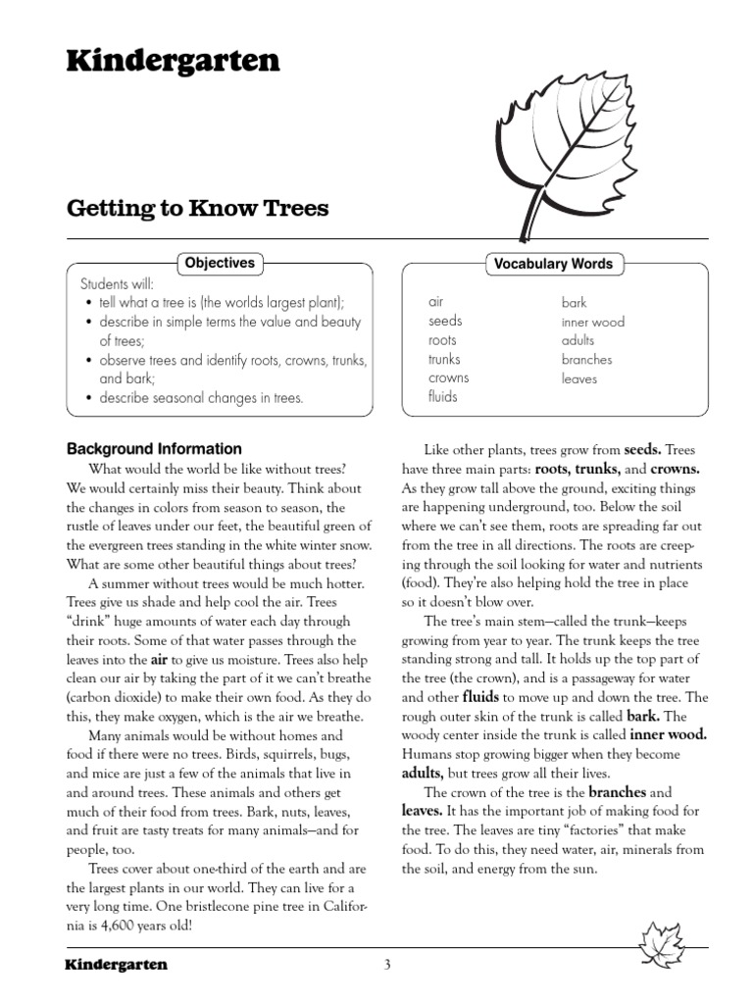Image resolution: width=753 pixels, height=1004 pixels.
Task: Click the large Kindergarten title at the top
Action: [173, 62]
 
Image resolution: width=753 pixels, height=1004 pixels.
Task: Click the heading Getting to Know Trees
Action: [197, 208]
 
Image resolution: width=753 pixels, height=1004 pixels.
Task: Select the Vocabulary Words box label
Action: [553, 263]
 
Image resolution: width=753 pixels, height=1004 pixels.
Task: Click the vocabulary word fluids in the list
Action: [442, 397]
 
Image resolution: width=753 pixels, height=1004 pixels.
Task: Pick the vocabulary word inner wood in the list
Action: [592, 322]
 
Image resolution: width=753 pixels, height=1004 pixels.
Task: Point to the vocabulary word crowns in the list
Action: [448, 377]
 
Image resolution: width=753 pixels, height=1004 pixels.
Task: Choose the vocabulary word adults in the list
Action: [577, 340]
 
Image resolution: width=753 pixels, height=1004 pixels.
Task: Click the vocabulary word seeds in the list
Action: [445, 321]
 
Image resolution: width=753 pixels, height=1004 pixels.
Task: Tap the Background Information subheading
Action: [154, 449]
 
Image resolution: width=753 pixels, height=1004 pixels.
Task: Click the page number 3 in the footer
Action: [387, 965]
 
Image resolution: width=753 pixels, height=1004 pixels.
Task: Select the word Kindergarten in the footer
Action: [116, 965]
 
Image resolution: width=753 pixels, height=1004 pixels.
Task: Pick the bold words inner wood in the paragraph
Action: [669, 733]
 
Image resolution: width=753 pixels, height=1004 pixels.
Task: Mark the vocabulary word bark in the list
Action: [574, 303]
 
